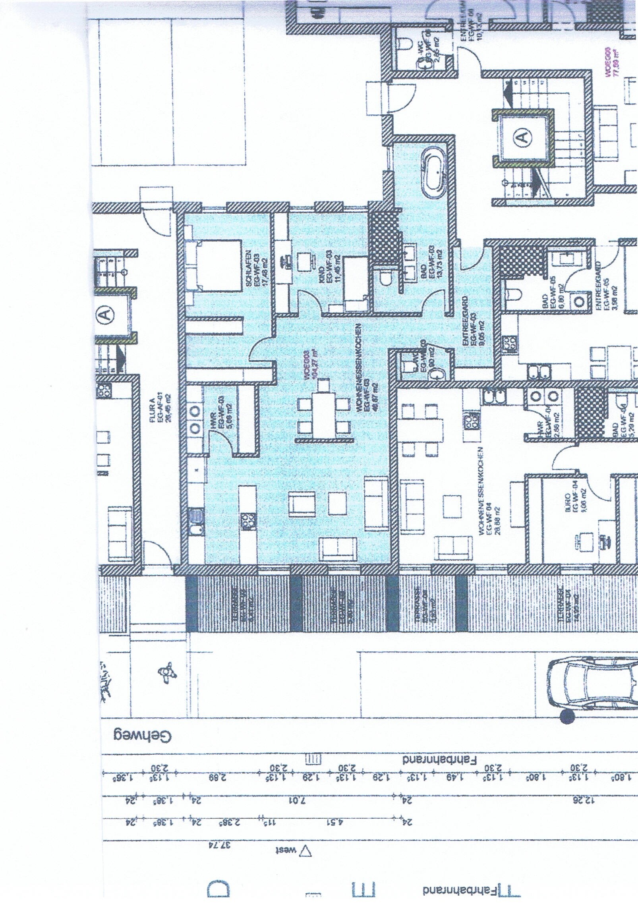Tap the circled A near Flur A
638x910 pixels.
[x=104, y=315]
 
